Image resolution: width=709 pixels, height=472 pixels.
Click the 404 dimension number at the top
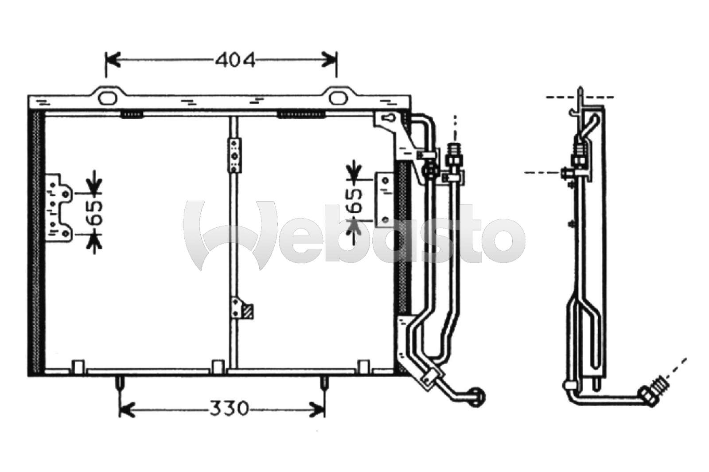(x=235, y=60)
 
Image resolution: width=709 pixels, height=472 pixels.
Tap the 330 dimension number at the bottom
(x=229, y=408)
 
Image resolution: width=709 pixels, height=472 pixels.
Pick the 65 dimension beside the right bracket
(x=354, y=200)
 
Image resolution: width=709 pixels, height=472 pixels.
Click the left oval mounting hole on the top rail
(x=107, y=98)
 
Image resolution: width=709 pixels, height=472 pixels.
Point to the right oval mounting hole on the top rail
(x=338, y=98)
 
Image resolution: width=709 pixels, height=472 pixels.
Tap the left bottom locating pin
(x=121, y=383)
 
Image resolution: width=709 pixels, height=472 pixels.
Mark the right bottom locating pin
(x=324, y=383)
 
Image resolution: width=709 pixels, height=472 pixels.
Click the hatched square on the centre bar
(x=249, y=312)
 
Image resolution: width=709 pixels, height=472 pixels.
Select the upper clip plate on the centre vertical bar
(x=234, y=156)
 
